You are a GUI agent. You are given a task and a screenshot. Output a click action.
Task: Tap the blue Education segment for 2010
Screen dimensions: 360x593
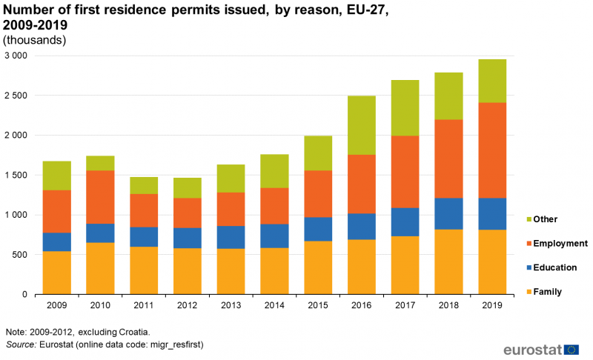(100, 233)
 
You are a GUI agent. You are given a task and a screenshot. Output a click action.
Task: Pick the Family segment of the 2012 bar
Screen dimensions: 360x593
(188, 271)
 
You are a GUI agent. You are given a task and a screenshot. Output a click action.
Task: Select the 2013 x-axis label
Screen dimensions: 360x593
(231, 304)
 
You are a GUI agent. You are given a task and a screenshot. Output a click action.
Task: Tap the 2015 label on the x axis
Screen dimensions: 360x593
(318, 304)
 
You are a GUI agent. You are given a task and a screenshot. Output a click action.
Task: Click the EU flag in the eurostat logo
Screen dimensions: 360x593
(572, 350)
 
